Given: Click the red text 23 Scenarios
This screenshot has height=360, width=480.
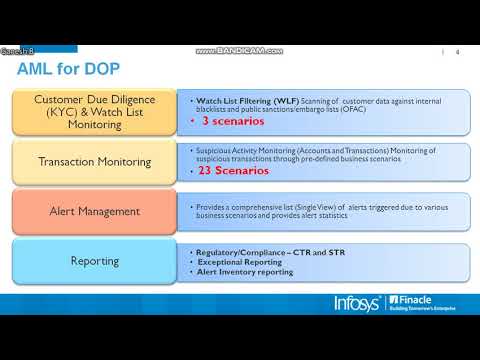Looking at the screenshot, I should pyautogui.click(x=233, y=170).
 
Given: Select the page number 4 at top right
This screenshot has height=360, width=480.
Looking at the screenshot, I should pyautogui.click(x=457, y=52).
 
